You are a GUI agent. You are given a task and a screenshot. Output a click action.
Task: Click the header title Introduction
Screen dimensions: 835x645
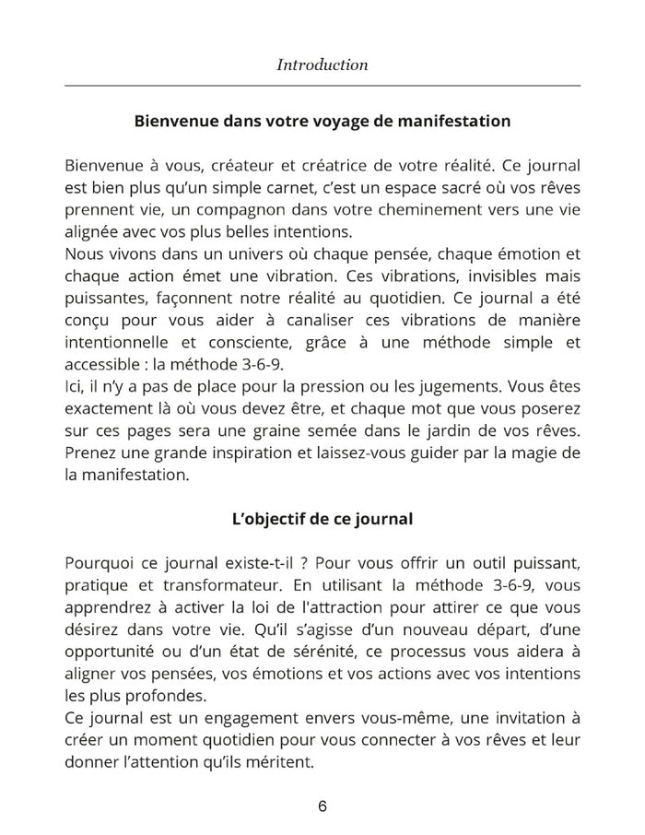click(x=322, y=65)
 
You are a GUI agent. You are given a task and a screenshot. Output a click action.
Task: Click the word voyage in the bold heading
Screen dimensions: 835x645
click(x=325, y=121)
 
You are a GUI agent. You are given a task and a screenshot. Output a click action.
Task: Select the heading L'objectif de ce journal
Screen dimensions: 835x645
click(x=322, y=519)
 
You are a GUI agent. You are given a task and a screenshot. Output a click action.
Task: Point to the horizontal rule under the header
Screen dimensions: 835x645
click(x=322, y=85)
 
